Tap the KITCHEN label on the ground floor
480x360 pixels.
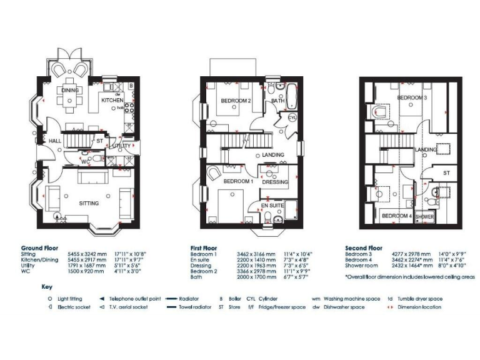(x=112, y=100)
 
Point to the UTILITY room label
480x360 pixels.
(x=121, y=145)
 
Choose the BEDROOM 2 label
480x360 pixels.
(x=236, y=101)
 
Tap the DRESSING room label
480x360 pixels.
(x=274, y=182)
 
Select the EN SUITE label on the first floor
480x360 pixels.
(x=272, y=205)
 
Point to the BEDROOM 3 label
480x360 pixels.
(x=412, y=98)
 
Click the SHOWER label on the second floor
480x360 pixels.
(x=424, y=217)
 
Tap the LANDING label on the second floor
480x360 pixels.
(x=426, y=149)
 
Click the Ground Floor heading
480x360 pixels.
(x=39, y=247)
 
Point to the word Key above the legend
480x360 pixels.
(x=47, y=287)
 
